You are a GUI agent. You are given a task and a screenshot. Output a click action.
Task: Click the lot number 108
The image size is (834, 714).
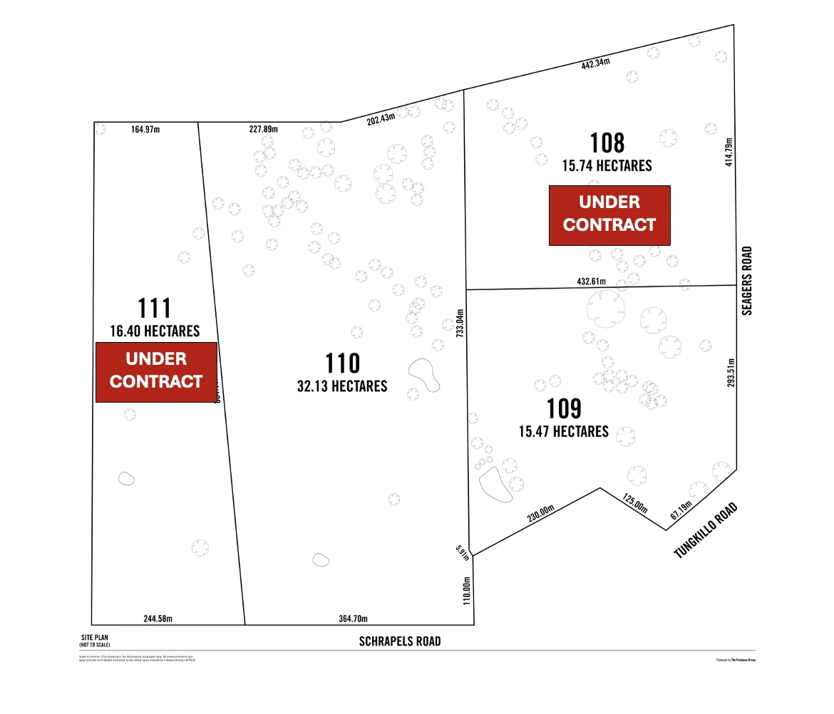coord(607,143)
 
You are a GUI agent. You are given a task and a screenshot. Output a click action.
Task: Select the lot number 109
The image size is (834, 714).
coord(564,409)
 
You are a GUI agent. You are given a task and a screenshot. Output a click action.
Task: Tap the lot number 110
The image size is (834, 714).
coord(342,363)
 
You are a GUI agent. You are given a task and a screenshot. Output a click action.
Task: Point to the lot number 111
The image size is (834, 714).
coord(154,309)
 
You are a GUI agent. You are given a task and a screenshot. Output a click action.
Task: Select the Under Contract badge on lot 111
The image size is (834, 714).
coord(156,371)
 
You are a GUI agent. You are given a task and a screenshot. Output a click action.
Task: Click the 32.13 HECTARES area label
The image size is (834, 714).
coord(342,386)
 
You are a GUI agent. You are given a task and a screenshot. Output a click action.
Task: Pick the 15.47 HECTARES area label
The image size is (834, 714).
coord(564,432)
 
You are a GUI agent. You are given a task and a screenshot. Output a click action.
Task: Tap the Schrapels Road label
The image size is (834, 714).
coord(400,641)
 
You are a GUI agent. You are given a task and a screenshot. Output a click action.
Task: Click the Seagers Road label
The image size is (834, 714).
coord(746,281)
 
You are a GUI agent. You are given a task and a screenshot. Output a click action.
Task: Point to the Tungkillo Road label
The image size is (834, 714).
coord(705,531)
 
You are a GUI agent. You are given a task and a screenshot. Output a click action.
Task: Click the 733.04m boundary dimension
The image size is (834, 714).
coord(460,322)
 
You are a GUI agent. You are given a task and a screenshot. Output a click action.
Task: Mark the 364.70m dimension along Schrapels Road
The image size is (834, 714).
coord(353,619)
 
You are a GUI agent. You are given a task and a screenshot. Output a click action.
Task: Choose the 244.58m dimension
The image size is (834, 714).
coord(158,619)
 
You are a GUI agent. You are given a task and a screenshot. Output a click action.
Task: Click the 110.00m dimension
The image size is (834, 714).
coord(468,591)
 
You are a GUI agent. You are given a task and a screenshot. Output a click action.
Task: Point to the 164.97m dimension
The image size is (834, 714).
coord(145,130)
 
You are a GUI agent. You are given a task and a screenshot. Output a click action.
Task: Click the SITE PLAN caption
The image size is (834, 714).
coord(95,638)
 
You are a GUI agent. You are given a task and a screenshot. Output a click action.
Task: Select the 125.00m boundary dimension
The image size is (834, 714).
coord(634,503)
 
